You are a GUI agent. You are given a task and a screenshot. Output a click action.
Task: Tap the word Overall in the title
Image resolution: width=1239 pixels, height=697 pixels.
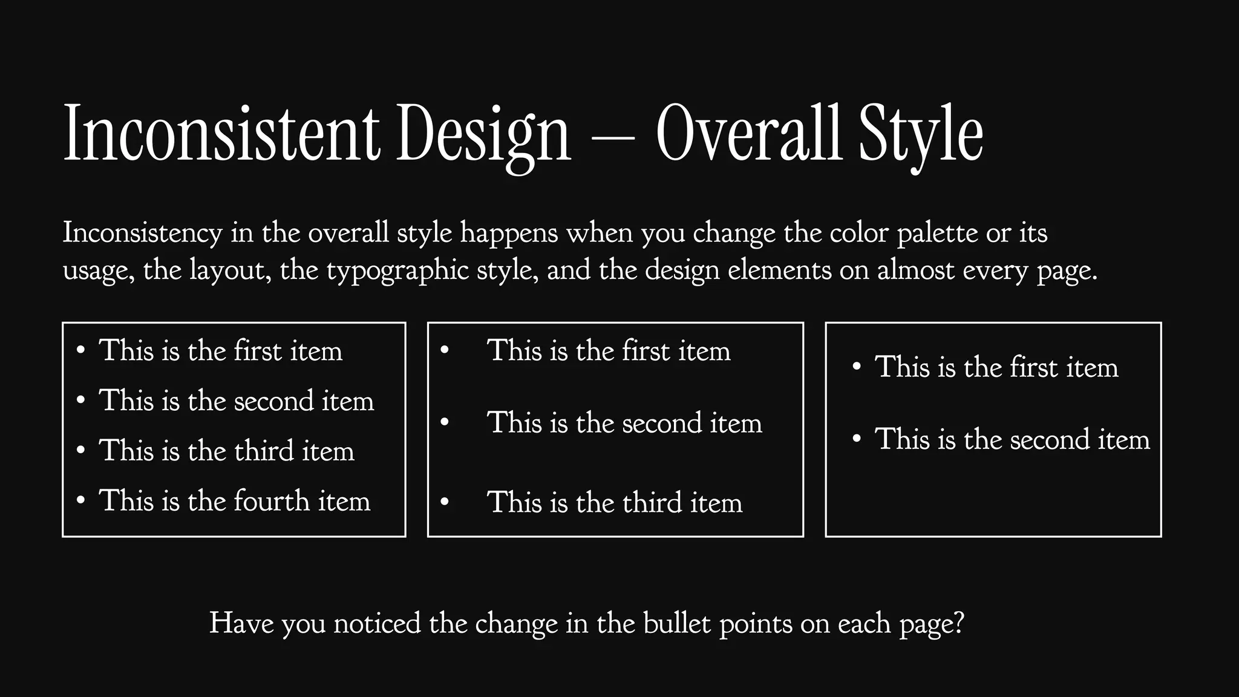[749, 134]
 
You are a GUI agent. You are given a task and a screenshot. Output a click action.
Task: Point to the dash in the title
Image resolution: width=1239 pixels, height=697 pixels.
[613, 139]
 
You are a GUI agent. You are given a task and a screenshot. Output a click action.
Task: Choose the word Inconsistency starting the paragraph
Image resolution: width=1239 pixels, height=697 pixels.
[143, 234]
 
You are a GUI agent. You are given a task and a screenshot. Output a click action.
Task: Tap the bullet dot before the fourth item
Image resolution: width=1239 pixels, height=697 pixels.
[80, 501]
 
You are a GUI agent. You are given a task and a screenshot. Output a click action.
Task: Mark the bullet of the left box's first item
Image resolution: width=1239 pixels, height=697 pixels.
[80, 351]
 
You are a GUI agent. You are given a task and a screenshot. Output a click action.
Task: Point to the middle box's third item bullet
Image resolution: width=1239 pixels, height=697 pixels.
[445, 502]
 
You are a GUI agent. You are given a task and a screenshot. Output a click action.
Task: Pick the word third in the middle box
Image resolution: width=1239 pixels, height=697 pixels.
[652, 502]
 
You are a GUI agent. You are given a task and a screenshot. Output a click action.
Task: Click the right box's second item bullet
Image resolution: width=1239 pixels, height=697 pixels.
[856, 439]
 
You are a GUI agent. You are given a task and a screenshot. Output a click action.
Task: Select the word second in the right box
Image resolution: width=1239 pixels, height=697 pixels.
[1050, 439]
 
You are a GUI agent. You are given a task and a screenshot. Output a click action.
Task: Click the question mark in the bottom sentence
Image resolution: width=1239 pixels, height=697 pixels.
[957, 623]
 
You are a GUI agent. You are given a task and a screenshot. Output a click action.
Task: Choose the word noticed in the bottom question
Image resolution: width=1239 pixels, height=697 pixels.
[377, 623]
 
